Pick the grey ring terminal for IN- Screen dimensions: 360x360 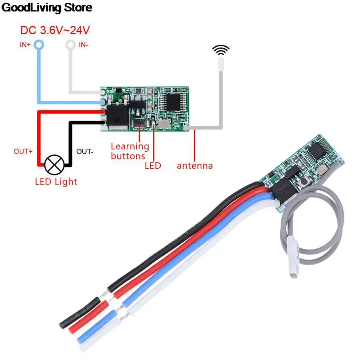pyautogui.click(x=71, y=45)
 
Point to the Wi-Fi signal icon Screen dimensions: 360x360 pyautogui.click(x=221, y=49)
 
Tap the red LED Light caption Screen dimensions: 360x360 pyautogui.click(x=56, y=182)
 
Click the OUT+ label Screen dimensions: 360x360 pyautogui.click(x=23, y=152)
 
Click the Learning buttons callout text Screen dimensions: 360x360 pyautogui.click(x=129, y=151)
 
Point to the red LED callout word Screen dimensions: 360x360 pyautogui.click(x=153, y=166)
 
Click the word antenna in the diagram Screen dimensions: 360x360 pyautogui.click(x=195, y=166)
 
